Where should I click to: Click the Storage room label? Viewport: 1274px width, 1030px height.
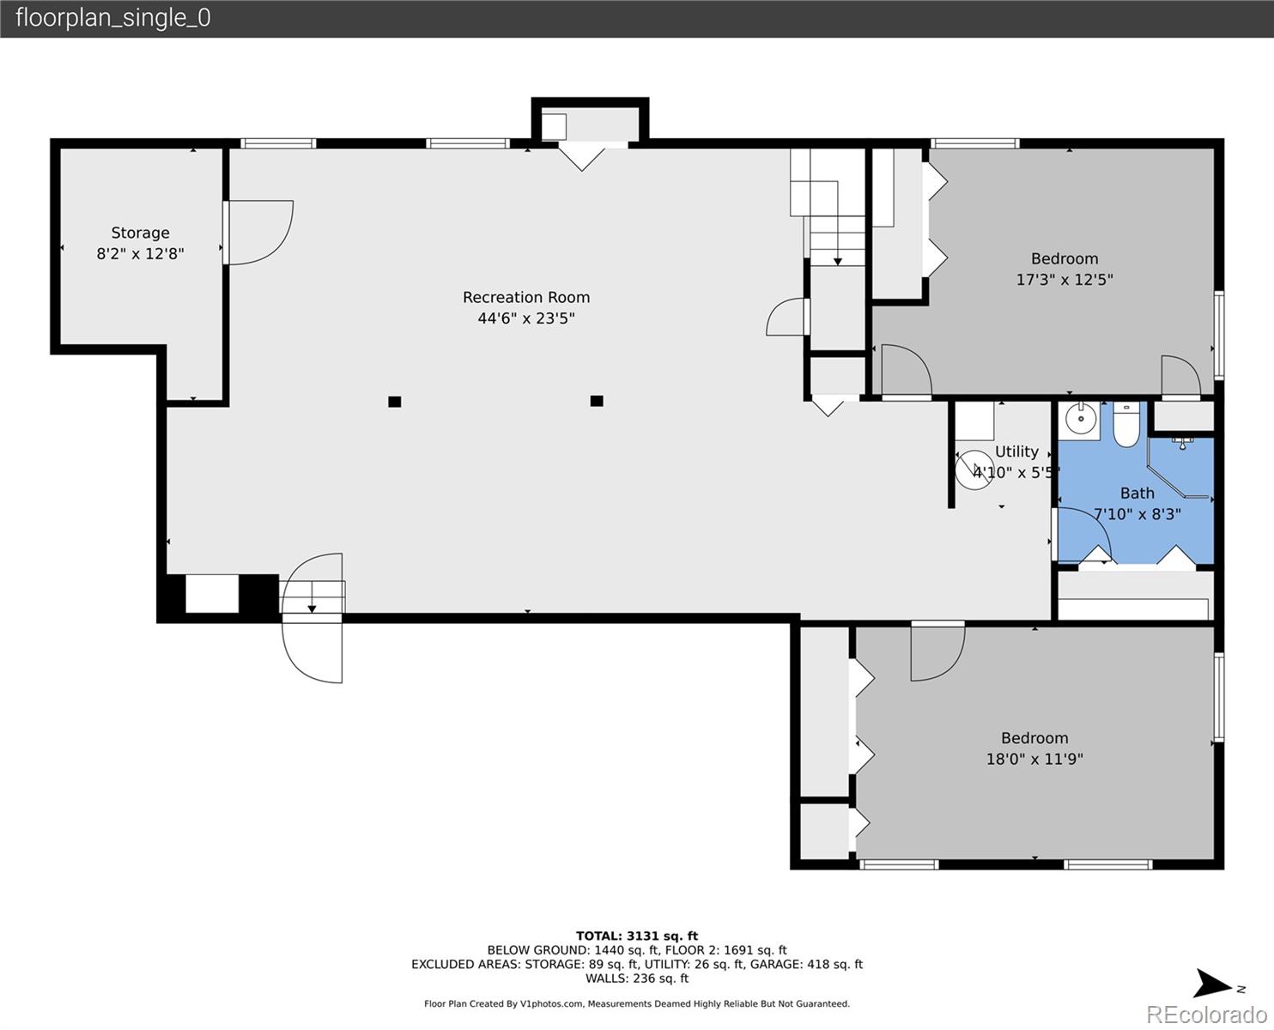point(140,233)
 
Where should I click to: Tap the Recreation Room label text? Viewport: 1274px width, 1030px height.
point(526,297)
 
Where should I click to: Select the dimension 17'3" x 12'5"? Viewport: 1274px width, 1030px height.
point(1065,280)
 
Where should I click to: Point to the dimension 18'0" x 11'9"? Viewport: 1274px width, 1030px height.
point(1034,759)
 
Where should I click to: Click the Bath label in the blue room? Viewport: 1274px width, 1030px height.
point(1137,494)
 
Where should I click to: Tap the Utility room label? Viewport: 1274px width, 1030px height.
point(1016,451)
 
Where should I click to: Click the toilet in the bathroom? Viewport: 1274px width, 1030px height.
point(1126,424)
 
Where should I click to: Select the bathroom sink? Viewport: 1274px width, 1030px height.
point(1081,421)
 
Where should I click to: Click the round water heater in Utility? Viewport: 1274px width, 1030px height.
point(974,470)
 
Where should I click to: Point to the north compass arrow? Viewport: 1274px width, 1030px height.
point(1212,984)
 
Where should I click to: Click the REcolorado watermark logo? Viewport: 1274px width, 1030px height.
point(1206,1014)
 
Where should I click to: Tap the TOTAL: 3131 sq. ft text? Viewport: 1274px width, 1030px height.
point(637,936)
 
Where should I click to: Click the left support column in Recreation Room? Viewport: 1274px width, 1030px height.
point(395,402)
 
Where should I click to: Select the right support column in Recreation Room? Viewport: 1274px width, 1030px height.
point(597,401)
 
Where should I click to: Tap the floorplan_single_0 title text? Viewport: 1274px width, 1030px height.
point(113,18)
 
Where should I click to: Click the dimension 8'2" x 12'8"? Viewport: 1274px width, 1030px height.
point(140,253)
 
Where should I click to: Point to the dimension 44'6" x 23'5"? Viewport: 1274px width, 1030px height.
point(526,318)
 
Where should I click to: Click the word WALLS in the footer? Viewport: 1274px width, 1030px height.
point(606,978)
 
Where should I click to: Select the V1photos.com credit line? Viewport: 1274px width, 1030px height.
point(637,1003)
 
